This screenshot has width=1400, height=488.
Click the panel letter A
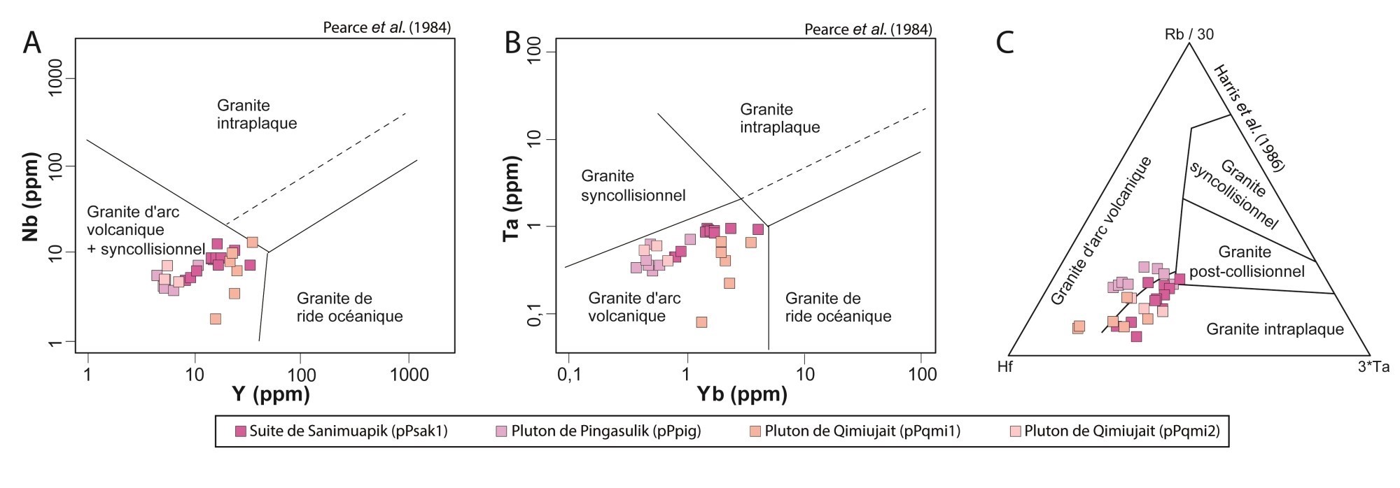(32, 43)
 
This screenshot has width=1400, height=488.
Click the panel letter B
(512, 43)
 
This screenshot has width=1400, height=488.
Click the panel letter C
(1005, 43)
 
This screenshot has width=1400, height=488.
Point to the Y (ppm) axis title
(271, 394)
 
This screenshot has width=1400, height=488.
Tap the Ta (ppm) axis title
(512, 199)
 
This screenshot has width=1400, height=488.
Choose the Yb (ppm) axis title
(742, 394)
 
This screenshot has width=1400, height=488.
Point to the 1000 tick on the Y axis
(409, 375)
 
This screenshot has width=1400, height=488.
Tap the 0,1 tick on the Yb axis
(569, 375)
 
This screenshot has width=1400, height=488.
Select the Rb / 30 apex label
(1189, 34)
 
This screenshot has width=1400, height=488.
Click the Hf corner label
(1005, 366)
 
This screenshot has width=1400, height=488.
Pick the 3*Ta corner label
(1373, 366)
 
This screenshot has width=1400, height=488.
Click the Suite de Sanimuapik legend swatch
(241, 431)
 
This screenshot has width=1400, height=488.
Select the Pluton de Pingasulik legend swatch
(501, 431)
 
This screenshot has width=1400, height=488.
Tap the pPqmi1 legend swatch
(755, 431)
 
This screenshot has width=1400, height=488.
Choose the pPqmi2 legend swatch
(1015, 431)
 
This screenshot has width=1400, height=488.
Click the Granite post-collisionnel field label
(1247, 261)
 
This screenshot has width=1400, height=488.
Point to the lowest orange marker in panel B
(701, 322)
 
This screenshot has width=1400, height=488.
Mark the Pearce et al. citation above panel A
(386, 28)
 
